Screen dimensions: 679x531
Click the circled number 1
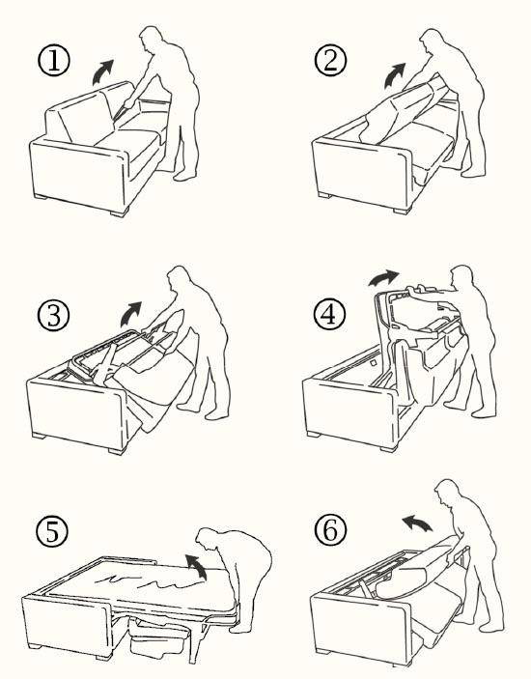click(54, 62)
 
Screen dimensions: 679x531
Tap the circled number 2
click(330, 62)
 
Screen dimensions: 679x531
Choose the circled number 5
click(51, 532)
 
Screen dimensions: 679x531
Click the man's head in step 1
click(151, 41)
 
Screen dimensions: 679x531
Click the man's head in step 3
click(180, 282)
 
